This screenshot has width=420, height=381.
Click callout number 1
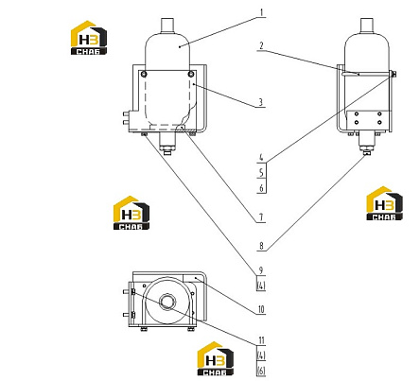coord(262,13)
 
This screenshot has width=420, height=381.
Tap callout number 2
coord(261,46)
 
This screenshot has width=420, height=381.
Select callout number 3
coord(261,102)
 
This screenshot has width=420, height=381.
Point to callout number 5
coord(261,173)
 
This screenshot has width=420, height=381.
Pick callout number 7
coord(261,217)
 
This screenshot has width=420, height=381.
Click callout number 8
coord(261,246)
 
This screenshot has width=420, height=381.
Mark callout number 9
coord(261,270)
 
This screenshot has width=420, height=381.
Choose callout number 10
coord(261,309)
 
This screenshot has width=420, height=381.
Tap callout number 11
coord(261,340)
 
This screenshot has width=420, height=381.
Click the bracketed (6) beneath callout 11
coord(261,371)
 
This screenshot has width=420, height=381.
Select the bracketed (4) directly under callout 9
coord(261,286)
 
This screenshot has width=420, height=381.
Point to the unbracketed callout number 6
coord(261,188)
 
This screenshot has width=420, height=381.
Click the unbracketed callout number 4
coord(261,157)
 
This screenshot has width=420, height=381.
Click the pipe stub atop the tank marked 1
coord(167,26)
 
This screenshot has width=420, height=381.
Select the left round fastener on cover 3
coord(144,74)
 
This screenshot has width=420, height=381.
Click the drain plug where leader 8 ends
coord(366,153)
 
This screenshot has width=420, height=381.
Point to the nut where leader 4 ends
coord(394,75)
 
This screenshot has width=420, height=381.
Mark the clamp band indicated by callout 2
coord(366,75)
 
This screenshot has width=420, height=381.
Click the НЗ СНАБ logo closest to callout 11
coord(216,358)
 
